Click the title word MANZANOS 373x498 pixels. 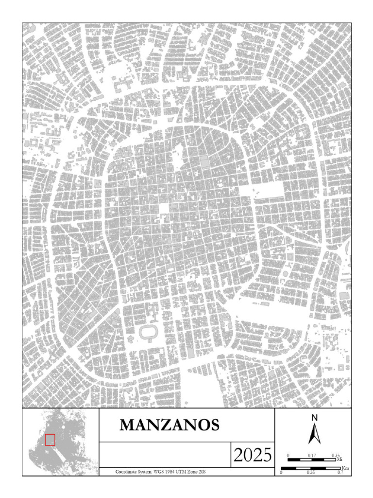170,425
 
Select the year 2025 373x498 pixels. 252,455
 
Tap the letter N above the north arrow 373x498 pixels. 314,417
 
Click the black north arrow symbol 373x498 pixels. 314,433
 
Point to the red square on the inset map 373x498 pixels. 50,440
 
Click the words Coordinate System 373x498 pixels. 133,472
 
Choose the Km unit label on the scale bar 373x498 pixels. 346,468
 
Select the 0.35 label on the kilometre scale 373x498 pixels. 311,472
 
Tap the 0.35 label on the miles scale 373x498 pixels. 336,455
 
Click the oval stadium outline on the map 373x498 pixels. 146,333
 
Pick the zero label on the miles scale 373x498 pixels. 288,455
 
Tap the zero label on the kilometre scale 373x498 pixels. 282,472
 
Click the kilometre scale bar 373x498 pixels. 311,468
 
